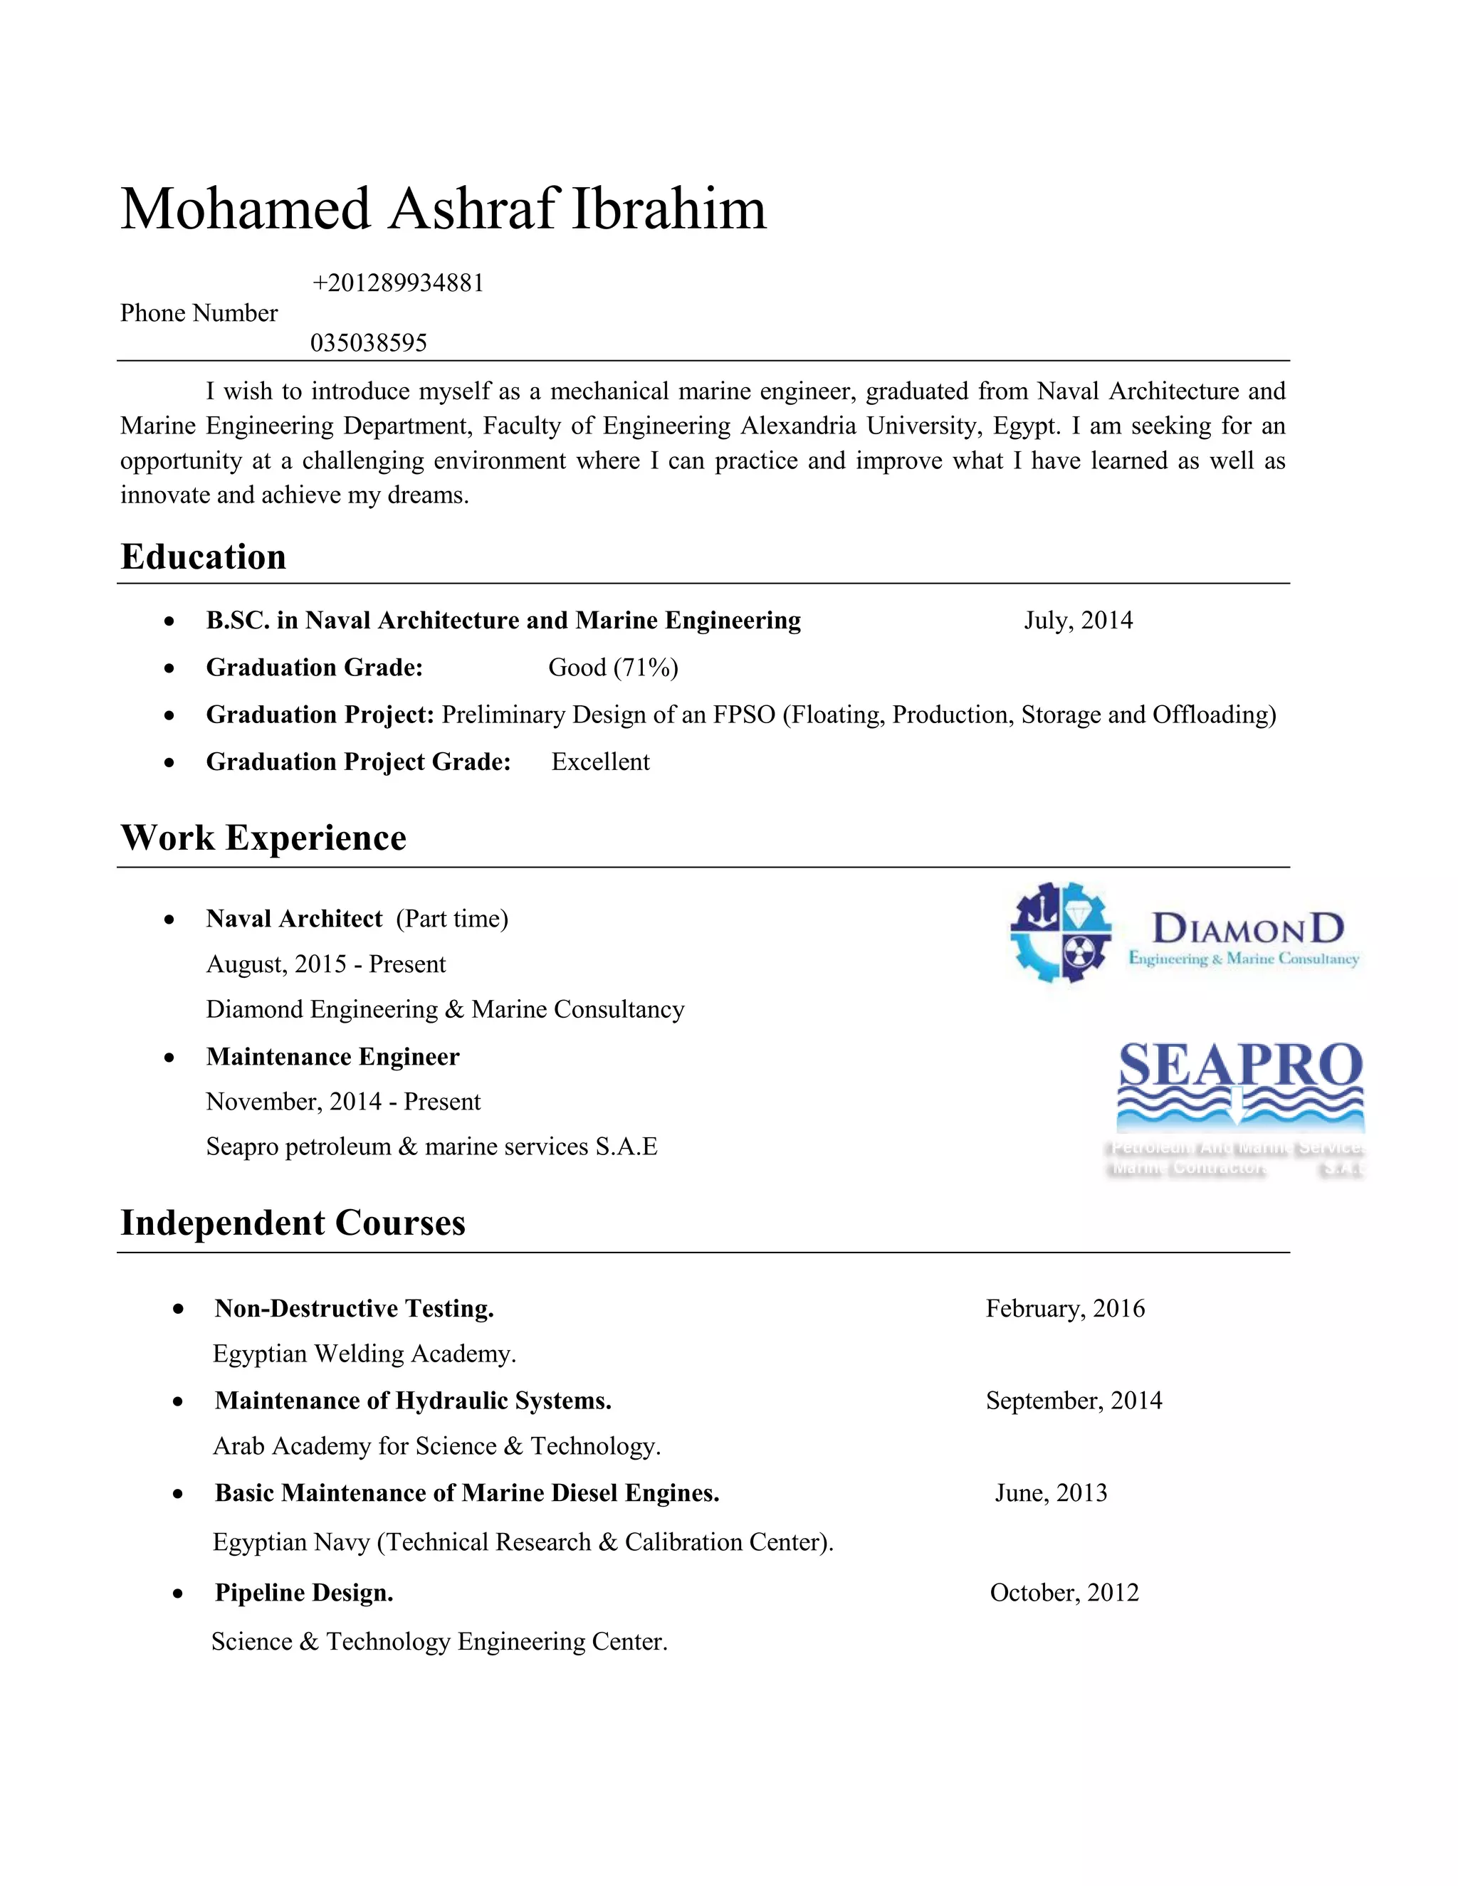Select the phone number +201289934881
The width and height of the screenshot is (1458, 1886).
(398, 283)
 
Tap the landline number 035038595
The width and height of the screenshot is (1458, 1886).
(369, 343)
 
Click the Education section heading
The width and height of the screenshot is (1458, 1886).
(203, 557)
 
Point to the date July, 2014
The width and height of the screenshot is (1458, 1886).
(1078, 620)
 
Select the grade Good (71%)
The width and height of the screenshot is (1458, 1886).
(613, 668)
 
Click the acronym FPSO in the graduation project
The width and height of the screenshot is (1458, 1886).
(744, 715)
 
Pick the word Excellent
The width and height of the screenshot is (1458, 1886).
(600, 762)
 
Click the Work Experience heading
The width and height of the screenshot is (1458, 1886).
(263, 838)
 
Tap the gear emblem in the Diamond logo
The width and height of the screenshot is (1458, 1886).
(1061, 932)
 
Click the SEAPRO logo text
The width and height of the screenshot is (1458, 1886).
(1240, 1065)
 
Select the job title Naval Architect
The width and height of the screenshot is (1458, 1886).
(294, 919)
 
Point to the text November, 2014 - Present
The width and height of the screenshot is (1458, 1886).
(343, 1102)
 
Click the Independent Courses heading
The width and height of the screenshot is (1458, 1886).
(293, 1223)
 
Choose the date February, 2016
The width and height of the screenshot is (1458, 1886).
(1065, 1308)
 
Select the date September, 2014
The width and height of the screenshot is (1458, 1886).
(1074, 1400)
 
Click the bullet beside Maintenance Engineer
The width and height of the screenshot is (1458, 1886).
(169, 1058)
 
